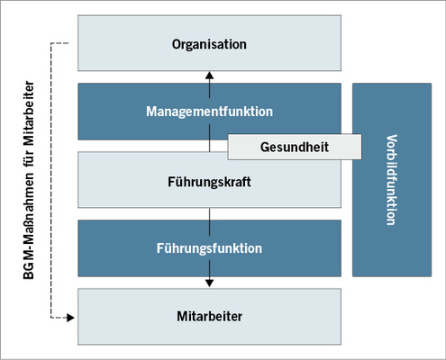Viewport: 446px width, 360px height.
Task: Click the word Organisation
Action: (x=209, y=43)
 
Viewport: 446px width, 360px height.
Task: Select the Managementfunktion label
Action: (x=209, y=112)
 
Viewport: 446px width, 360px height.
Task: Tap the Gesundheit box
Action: (x=294, y=146)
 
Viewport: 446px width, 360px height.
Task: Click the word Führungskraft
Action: (x=209, y=181)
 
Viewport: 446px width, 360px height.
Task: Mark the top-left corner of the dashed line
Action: (x=53, y=42)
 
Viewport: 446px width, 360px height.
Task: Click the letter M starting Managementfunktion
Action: (x=151, y=112)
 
